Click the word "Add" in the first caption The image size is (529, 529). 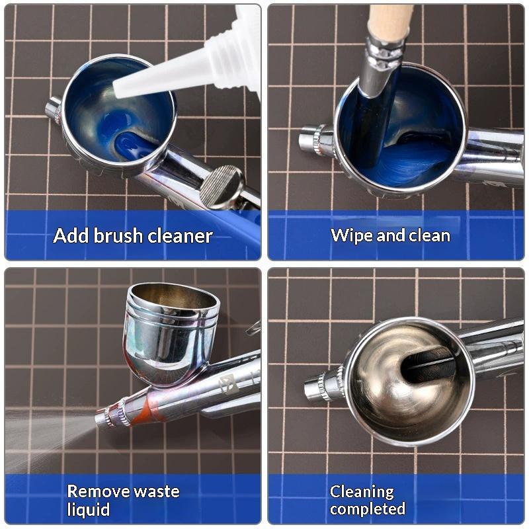click(71, 235)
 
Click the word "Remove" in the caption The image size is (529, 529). click(99, 491)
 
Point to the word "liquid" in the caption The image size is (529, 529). click(89, 509)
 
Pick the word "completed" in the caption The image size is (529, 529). click(368, 509)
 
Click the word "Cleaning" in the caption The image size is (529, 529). click(362, 492)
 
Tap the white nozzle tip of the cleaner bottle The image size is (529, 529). click(116, 90)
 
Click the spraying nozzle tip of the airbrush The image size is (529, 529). click(101, 418)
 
